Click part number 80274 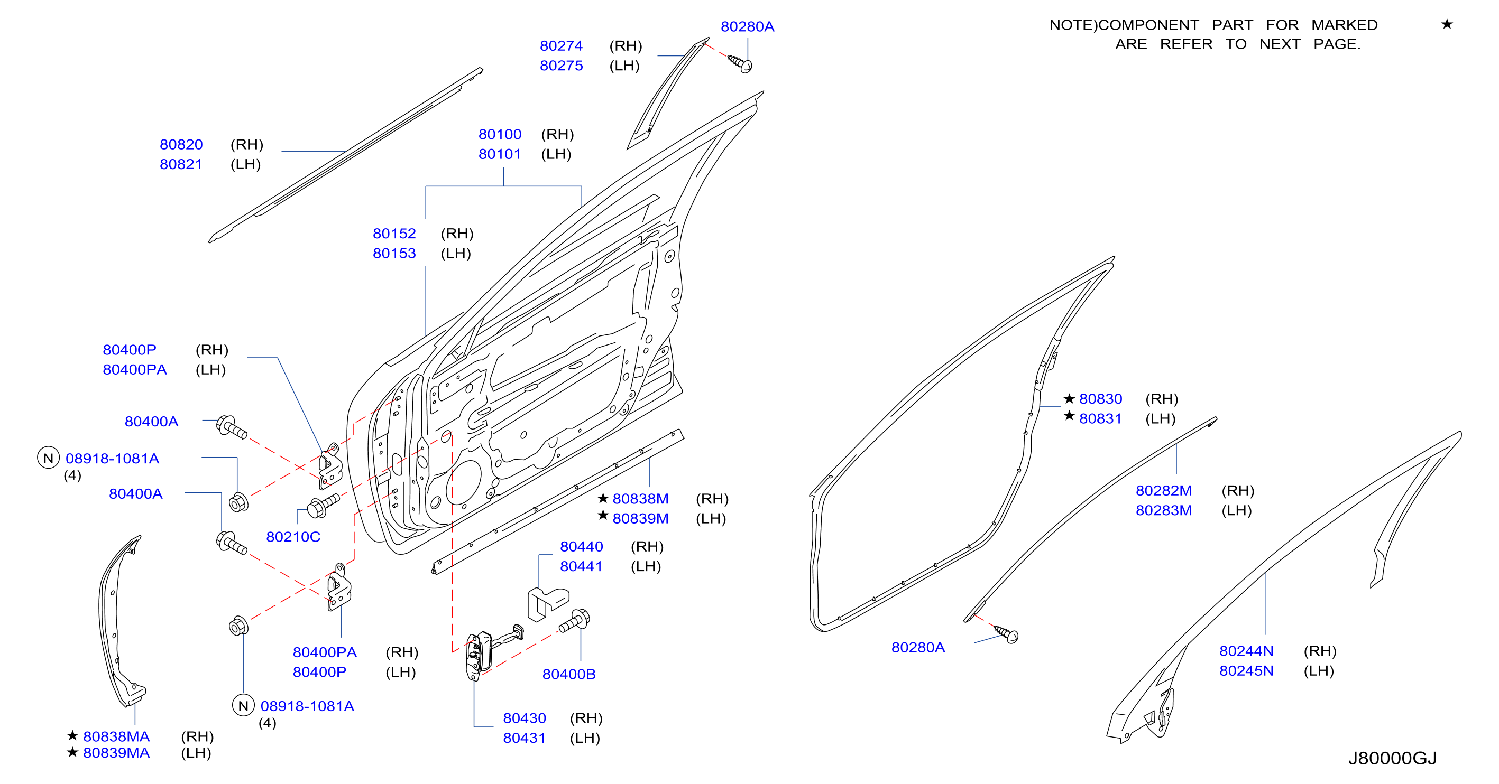[x=561, y=46]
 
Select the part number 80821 [x=181, y=165]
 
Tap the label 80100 [x=500, y=134]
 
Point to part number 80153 [x=394, y=254]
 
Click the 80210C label [x=293, y=537]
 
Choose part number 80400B [x=569, y=674]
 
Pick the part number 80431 [x=525, y=738]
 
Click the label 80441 [x=581, y=566]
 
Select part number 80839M [x=641, y=519]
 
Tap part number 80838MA [x=116, y=737]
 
